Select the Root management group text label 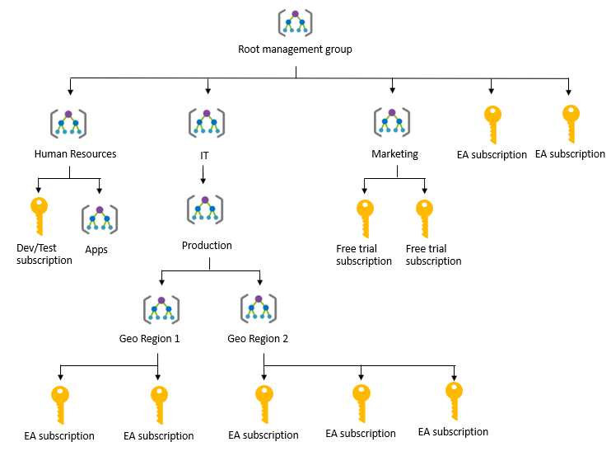[x=295, y=49]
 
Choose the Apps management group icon [x=100, y=220]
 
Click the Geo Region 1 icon [x=161, y=308]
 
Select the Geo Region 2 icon [x=259, y=308]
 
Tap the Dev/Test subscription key [x=38, y=214]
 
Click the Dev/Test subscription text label [x=44, y=254]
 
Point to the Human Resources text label [x=75, y=153]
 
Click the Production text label [x=207, y=245]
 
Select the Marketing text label [x=394, y=153]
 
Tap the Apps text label [x=96, y=249]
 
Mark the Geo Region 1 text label [x=149, y=338]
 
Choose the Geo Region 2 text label [x=258, y=338]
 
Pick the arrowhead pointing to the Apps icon [x=99, y=190]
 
